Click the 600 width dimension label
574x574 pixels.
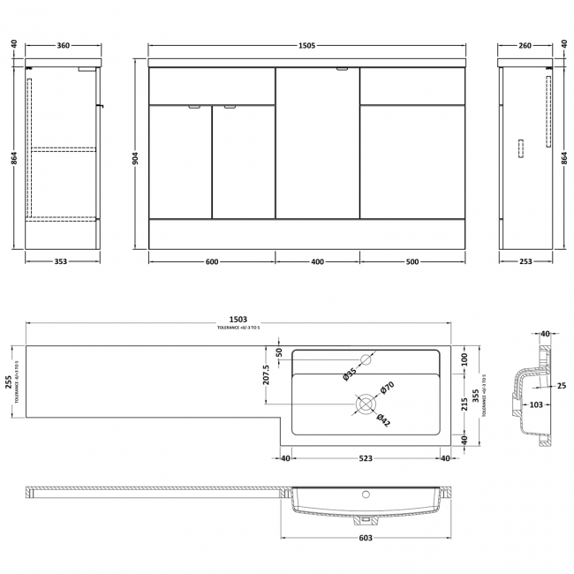tap(212, 261)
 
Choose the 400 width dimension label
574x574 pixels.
tap(318, 261)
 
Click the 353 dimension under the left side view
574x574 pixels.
tap(61, 261)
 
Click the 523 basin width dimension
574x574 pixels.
tap(366, 457)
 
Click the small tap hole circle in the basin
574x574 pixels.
tap(371, 359)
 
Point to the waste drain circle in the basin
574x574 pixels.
tap(365, 405)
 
